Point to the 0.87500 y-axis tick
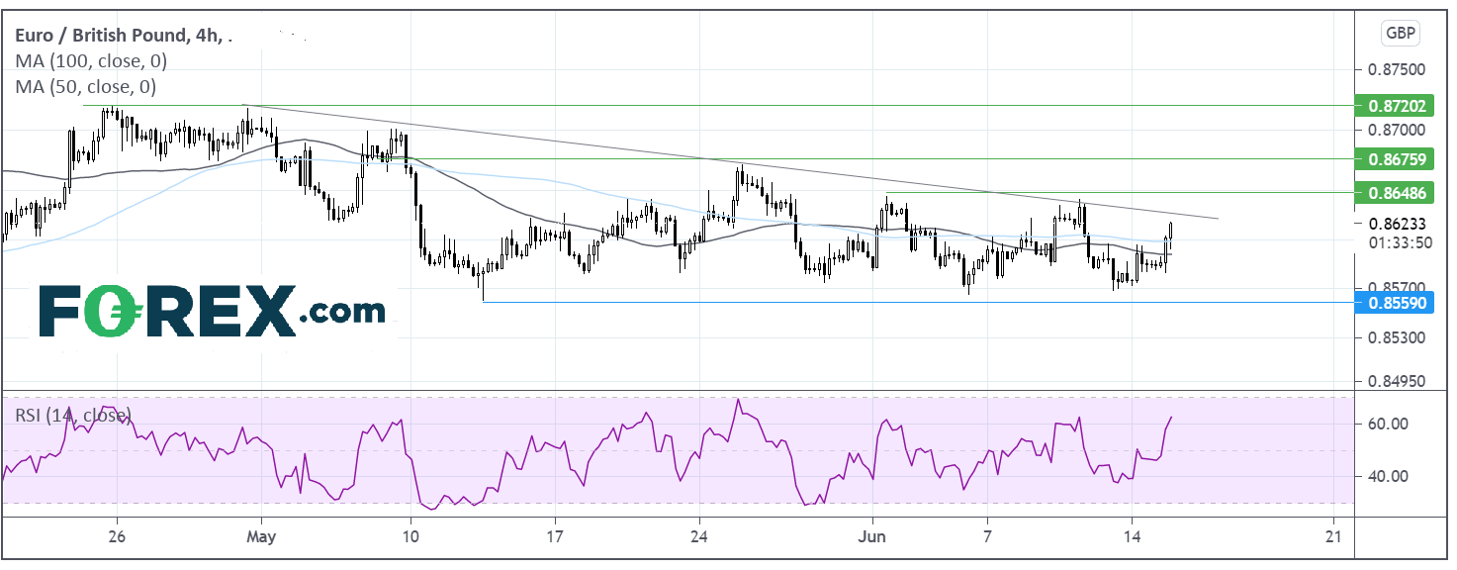point(1397,69)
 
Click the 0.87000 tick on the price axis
point(1397,130)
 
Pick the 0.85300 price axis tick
point(1397,337)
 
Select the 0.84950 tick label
point(1397,381)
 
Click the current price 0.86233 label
point(1398,224)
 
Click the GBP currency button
point(1401,34)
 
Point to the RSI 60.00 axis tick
point(1388,424)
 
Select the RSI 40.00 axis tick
point(1388,476)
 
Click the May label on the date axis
point(261,537)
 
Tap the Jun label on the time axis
point(871,536)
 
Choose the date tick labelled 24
point(699,536)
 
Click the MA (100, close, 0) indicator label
point(91,61)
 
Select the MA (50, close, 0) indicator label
point(86,86)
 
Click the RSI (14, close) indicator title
point(73,416)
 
